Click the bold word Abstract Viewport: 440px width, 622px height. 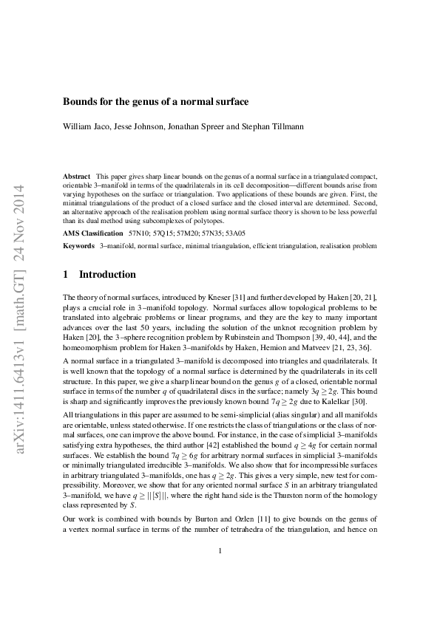77,177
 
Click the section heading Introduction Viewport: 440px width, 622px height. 107,275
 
